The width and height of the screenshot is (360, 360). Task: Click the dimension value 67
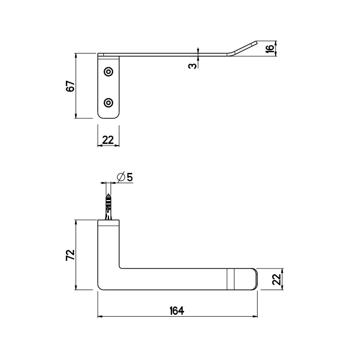[x=71, y=86]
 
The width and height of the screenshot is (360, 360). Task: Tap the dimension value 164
[x=177, y=311]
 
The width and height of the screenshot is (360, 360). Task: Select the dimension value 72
[x=70, y=255]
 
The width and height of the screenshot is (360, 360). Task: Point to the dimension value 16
[x=270, y=48]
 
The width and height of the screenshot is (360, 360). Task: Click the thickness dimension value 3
[x=192, y=66]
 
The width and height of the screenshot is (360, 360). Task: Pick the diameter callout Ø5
[x=125, y=177]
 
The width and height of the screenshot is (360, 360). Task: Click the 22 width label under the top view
[x=108, y=140]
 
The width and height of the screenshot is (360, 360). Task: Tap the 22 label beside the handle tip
[x=277, y=279]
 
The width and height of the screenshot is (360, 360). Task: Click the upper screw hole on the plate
[x=109, y=72]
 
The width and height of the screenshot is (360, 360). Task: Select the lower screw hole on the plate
[x=109, y=103]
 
